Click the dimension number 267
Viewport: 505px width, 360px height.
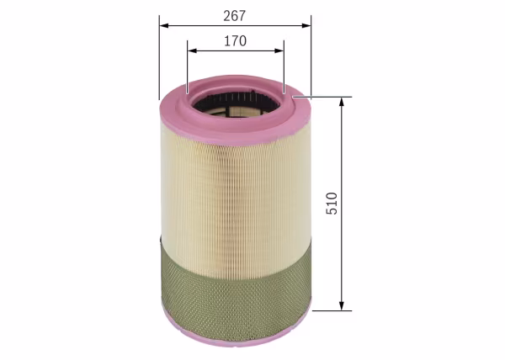coord(235,16)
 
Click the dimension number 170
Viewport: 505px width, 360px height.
coord(236,41)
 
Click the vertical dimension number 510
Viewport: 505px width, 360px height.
coord(332,204)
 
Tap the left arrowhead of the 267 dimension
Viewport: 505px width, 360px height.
coord(164,25)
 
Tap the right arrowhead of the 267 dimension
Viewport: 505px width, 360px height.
coord(306,25)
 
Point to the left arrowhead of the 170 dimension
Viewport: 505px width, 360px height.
coord(192,50)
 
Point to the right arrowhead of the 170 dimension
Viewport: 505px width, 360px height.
coord(279,50)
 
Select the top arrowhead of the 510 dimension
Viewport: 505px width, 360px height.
coord(342,101)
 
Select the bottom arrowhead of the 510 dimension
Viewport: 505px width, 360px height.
coord(342,306)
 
